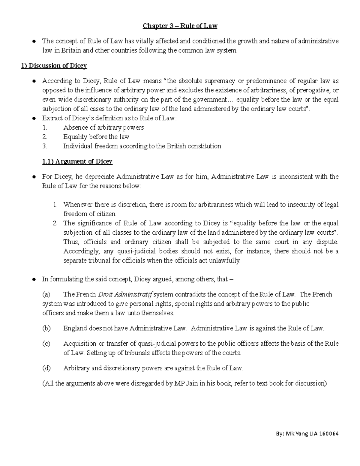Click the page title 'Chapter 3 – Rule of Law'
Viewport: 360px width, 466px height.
180,26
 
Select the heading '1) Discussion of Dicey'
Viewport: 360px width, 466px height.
54,66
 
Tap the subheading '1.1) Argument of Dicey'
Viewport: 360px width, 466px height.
77,161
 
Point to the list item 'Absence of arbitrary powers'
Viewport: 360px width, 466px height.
103,128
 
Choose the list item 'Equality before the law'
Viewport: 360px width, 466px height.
96,137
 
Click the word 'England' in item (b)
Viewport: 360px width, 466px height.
75,328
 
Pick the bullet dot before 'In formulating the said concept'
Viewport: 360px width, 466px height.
34,279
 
